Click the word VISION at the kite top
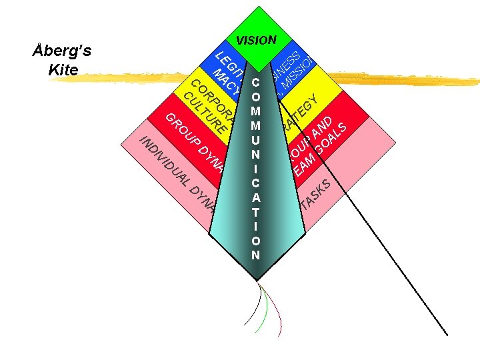(x=256, y=40)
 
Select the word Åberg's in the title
(x=64, y=51)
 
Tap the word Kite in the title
(x=64, y=69)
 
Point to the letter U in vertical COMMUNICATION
(x=256, y=140)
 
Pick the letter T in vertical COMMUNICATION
(x=256, y=212)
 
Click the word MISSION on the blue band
(x=297, y=73)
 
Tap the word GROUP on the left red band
(x=183, y=130)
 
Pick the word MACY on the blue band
(x=227, y=79)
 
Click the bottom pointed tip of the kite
(x=256, y=280)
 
